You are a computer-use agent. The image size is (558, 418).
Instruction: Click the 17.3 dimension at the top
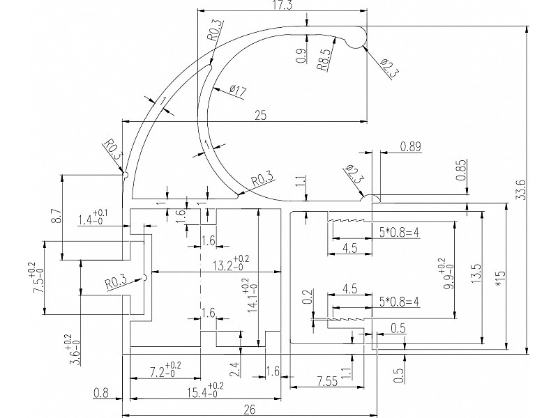coord(282,6)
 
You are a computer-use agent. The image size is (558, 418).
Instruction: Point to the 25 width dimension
coord(261,116)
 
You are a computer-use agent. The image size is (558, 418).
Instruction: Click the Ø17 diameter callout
coord(238,90)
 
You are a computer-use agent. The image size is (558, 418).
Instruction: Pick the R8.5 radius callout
coord(324,59)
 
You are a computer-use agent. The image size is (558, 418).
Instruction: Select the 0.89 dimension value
coord(411,146)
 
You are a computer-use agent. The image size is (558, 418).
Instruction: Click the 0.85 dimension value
coord(460,171)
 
